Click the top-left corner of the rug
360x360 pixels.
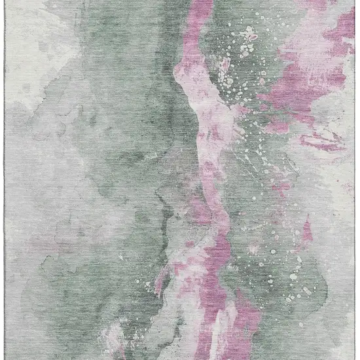2,1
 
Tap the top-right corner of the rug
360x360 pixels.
357,1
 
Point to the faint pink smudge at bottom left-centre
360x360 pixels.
115,334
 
